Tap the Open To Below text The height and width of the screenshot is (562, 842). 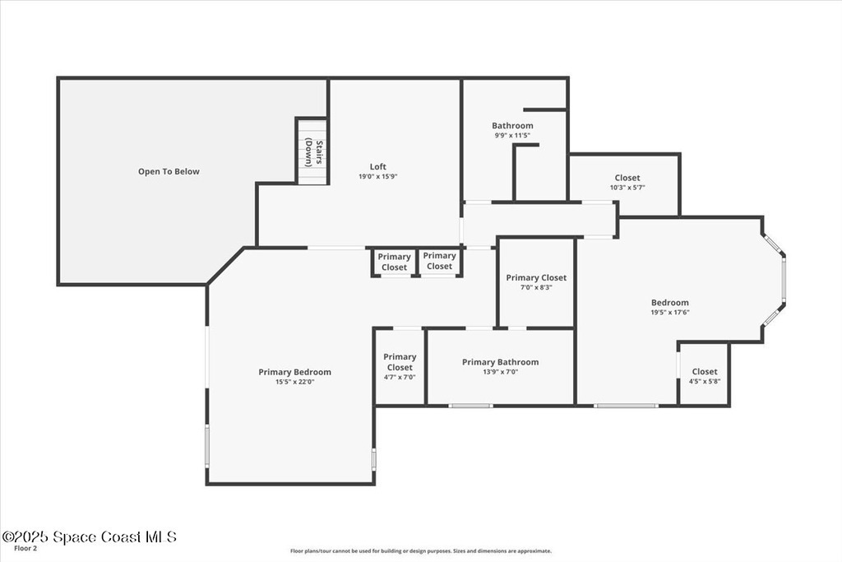[x=169, y=171]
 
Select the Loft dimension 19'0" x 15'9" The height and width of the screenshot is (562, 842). [x=378, y=176]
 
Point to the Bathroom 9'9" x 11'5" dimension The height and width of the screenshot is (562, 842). [x=512, y=136]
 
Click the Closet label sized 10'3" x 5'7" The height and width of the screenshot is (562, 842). [x=627, y=178]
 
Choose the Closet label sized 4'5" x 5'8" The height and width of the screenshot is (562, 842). [x=705, y=372]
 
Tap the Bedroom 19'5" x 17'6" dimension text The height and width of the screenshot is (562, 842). [x=670, y=312]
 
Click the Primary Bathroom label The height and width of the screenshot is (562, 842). [x=501, y=362]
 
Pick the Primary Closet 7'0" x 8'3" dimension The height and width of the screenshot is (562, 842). [x=536, y=287]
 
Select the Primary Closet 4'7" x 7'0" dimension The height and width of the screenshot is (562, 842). [x=400, y=377]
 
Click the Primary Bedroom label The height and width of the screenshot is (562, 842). [x=295, y=372]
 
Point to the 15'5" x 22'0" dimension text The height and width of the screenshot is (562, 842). [x=295, y=382]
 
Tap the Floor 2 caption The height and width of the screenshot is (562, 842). [x=25, y=549]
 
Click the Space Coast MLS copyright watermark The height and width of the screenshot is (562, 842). [x=89, y=536]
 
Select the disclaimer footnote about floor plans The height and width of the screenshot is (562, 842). [x=420, y=550]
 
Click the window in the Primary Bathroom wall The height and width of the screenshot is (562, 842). [x=470, y=406]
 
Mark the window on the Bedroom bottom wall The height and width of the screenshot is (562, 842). [x=626, y=406]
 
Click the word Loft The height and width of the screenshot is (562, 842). [x=378, y=166]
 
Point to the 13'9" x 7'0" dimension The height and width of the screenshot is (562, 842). [x=501, y=372]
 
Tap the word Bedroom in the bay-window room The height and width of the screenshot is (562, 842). [x=670, y=303]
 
